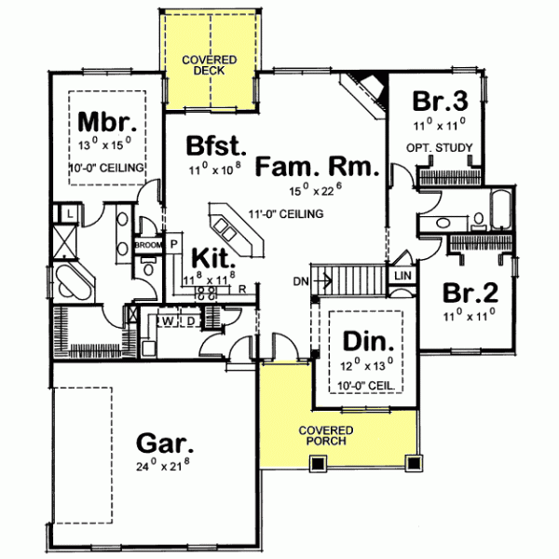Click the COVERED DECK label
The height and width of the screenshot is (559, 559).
coord(210,65)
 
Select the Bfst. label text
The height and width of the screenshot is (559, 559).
coord(215,146)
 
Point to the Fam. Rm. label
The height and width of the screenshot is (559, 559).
coord(317,168)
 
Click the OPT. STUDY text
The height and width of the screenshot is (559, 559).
coord(440,148)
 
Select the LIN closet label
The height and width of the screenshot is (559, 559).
coord(402,276)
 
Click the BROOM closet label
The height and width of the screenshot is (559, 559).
coord(149,245)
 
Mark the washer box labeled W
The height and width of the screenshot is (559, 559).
coord(169,321)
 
